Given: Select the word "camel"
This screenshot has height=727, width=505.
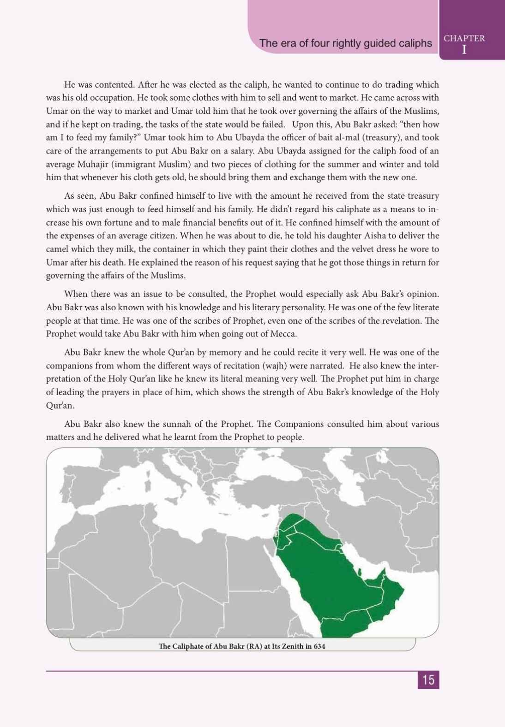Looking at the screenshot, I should coord(57,249).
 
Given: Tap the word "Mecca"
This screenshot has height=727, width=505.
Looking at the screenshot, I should coord(284,334).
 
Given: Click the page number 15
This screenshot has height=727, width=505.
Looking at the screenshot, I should coord(428,680).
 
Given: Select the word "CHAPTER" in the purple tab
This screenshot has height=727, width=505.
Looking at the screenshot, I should coord(464,39).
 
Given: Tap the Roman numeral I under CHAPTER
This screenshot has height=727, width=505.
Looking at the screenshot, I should coord(464,50).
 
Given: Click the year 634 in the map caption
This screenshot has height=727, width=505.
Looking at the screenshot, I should coord(319,646).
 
